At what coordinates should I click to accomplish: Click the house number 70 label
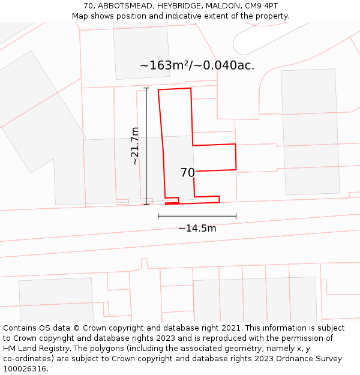tap(187, 173)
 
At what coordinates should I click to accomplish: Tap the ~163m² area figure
tap(164, 65)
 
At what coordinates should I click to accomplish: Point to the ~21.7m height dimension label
tap(135, 146)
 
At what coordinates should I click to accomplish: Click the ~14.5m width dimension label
tap(197, 228)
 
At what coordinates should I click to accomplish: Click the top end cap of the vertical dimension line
tap(146, 89)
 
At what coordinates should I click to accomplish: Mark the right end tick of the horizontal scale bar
tap(236, 216)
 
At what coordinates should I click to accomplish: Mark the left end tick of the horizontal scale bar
tap(158, 216)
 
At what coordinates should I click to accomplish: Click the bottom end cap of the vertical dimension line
tap(146, 204)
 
